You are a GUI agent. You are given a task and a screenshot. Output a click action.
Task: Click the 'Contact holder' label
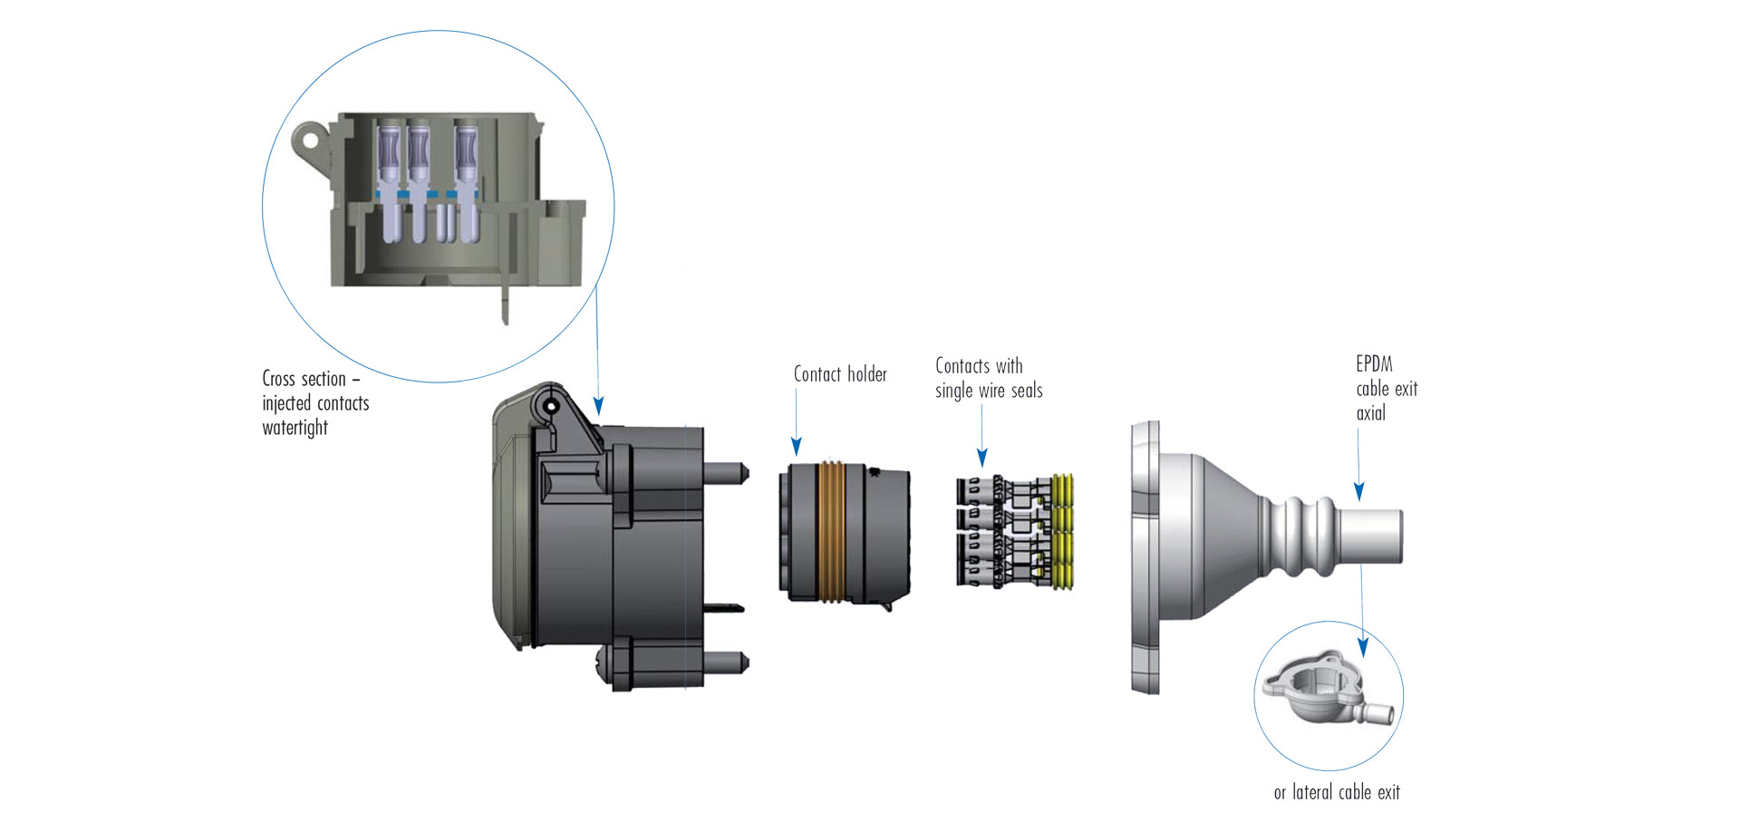[x=840, y=374]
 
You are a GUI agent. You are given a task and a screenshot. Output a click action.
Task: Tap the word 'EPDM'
[x=1374, y=364]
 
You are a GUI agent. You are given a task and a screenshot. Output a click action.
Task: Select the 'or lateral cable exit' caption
[x=1337, y=793]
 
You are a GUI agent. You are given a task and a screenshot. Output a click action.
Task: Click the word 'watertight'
[x=295, y=428]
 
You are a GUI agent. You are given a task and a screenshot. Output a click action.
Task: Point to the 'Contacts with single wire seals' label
[x=988, y=379]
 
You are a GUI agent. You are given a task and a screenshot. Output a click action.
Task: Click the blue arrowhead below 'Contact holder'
[x=796, y=446]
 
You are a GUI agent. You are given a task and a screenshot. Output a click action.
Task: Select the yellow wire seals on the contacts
[x=1063, y=532]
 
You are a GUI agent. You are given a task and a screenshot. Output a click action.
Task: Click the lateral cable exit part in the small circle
[x=1320, y=690]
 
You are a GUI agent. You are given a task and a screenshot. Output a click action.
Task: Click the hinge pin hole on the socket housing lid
[x=550, y=407]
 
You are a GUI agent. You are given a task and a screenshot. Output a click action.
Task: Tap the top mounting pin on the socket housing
[x=729, y=472]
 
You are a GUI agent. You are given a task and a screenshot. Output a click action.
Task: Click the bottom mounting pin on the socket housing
[x=729, y=661]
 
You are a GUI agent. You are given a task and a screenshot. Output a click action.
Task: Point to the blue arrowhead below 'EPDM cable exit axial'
[x=1358, y=491]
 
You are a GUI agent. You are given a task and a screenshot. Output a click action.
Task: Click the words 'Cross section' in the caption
[x=304, y=379]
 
